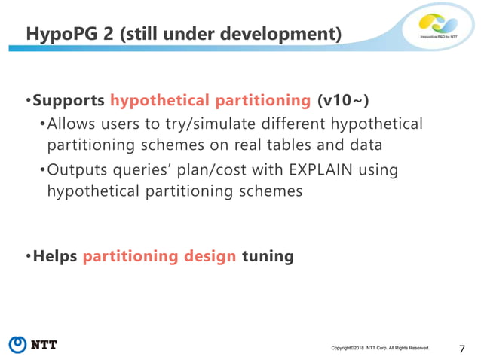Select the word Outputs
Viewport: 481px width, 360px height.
coord(75,170)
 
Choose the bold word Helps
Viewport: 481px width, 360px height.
coord(55,257)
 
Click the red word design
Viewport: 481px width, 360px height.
coord(209,257)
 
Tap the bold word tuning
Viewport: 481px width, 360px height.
coord(267,257)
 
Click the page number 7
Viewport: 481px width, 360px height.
coord(461,347)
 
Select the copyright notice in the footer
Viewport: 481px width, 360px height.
coord(380,348)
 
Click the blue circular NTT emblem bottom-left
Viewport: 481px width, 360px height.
coord(17,345)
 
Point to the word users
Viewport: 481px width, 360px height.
coord(133,123)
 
